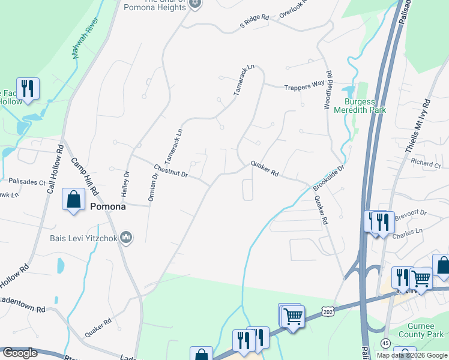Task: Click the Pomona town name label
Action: [x=108, y=206]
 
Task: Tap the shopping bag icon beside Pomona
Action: [x=73, y=200]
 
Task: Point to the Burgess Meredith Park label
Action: [x=365, y=106]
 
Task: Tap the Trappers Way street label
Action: [x=304, y=85]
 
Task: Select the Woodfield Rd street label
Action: [x=328, y=91]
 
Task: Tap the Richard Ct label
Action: [x=426, y=163]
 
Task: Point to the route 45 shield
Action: [x=384, y=343]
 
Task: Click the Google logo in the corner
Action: [x=19, y=353]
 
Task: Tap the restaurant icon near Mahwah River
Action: [x=28, y=88]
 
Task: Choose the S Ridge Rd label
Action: [x=254, y=22]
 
